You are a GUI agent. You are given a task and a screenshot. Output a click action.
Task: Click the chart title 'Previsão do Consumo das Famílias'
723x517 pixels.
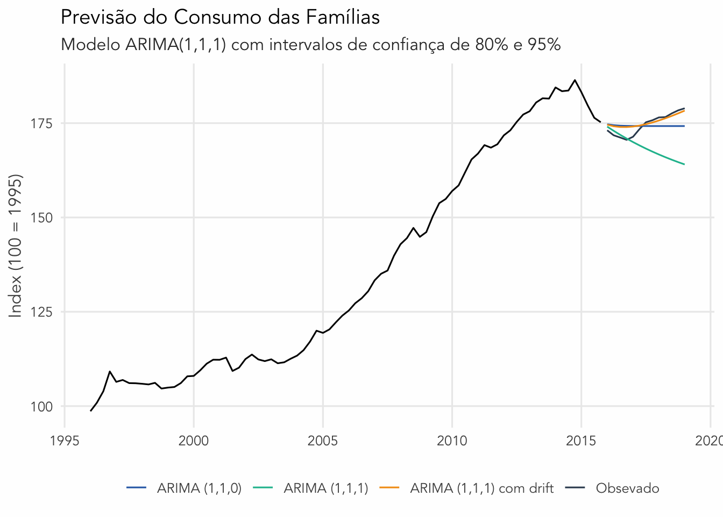[x=220, y=18]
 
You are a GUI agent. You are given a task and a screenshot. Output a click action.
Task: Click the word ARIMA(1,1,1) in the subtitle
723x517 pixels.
[x=176, y=44]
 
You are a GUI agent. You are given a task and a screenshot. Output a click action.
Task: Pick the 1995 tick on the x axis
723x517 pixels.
[x=65, y=441]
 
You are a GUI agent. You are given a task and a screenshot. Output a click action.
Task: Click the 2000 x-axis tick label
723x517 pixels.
[x=194, y=441]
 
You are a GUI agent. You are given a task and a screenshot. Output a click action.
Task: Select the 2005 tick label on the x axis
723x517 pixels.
[x=323, y=441]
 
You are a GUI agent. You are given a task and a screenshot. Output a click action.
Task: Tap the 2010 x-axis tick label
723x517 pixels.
[x=452, y=441]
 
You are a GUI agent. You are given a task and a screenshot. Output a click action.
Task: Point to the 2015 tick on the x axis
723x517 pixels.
[x=581, y=441]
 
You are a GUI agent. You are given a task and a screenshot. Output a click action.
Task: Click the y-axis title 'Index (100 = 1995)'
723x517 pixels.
[x=16, y=246]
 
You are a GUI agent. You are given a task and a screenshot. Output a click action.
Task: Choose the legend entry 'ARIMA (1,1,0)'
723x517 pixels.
[x=199, y=488]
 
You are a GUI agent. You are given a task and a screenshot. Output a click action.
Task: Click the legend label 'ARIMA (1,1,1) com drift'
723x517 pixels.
[x=481, y=488]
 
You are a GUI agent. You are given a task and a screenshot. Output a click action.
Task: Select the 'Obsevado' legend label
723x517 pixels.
[x=627, y=488]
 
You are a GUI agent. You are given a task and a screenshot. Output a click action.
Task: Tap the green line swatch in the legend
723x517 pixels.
[x=263, y=488]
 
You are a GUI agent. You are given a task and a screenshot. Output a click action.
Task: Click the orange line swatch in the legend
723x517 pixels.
[x=389, y=488]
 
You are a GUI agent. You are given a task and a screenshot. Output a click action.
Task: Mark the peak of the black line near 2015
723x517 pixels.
[x=575, y=80]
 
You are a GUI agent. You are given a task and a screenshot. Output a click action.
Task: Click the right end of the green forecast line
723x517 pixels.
[x=684, y=164]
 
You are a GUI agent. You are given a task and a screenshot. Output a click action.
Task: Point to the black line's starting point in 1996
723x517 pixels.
[x=90, y=411]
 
